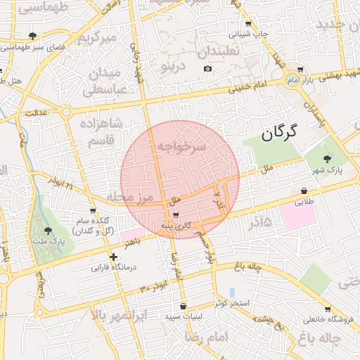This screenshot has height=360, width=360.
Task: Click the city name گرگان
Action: point(278,131)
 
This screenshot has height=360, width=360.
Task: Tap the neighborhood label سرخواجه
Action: point(181,146)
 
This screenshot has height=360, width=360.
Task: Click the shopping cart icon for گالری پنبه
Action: point(175,214)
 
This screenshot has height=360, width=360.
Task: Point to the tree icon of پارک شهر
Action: point(326,159)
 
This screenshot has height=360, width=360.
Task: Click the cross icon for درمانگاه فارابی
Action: point(113,257)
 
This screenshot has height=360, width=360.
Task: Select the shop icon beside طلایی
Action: point(304,191)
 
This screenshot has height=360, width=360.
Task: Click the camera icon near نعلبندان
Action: point(207,68)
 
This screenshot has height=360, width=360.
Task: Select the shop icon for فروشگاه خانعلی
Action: point(328,309)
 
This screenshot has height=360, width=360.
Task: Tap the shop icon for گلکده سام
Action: point(93,211)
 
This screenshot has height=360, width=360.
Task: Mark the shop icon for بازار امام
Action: point(300,70)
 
